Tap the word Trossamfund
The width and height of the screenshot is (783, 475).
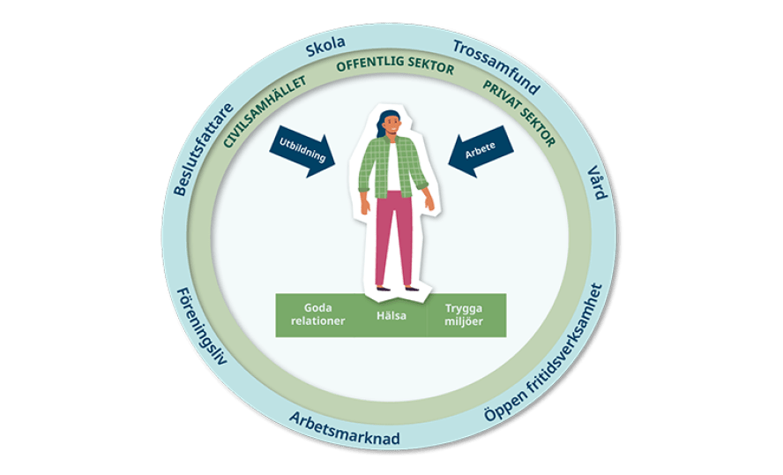point(496,65)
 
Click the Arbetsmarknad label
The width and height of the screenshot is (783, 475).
point(345,428)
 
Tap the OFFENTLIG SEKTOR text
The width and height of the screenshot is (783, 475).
point(395,67)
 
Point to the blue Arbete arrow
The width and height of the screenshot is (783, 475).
point(481,155)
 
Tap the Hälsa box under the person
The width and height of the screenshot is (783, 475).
point(391,315)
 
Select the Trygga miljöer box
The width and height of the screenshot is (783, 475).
point(465,314)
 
